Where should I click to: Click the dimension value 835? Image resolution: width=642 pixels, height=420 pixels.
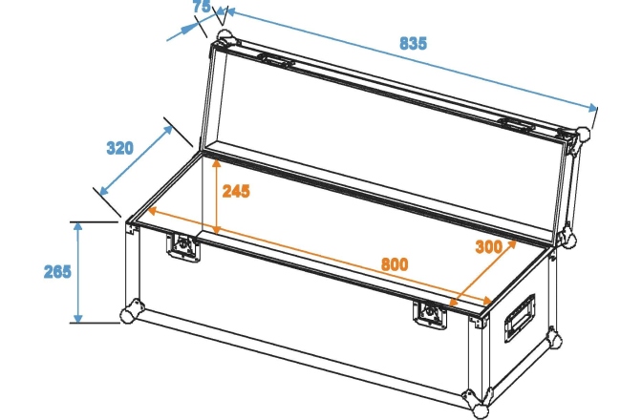tap(413, 43)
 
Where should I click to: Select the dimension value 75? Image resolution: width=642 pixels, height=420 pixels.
tap(201, 8)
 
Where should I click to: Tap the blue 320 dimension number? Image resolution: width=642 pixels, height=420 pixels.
tap(119, 148)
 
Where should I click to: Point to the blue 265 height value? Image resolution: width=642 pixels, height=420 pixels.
tap(57, 271)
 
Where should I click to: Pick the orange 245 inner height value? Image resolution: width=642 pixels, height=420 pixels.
tap(236, 191)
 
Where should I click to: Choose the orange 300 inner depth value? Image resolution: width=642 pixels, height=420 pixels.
tap(488, 246)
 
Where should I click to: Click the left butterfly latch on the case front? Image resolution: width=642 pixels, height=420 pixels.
tap(182, 246)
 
